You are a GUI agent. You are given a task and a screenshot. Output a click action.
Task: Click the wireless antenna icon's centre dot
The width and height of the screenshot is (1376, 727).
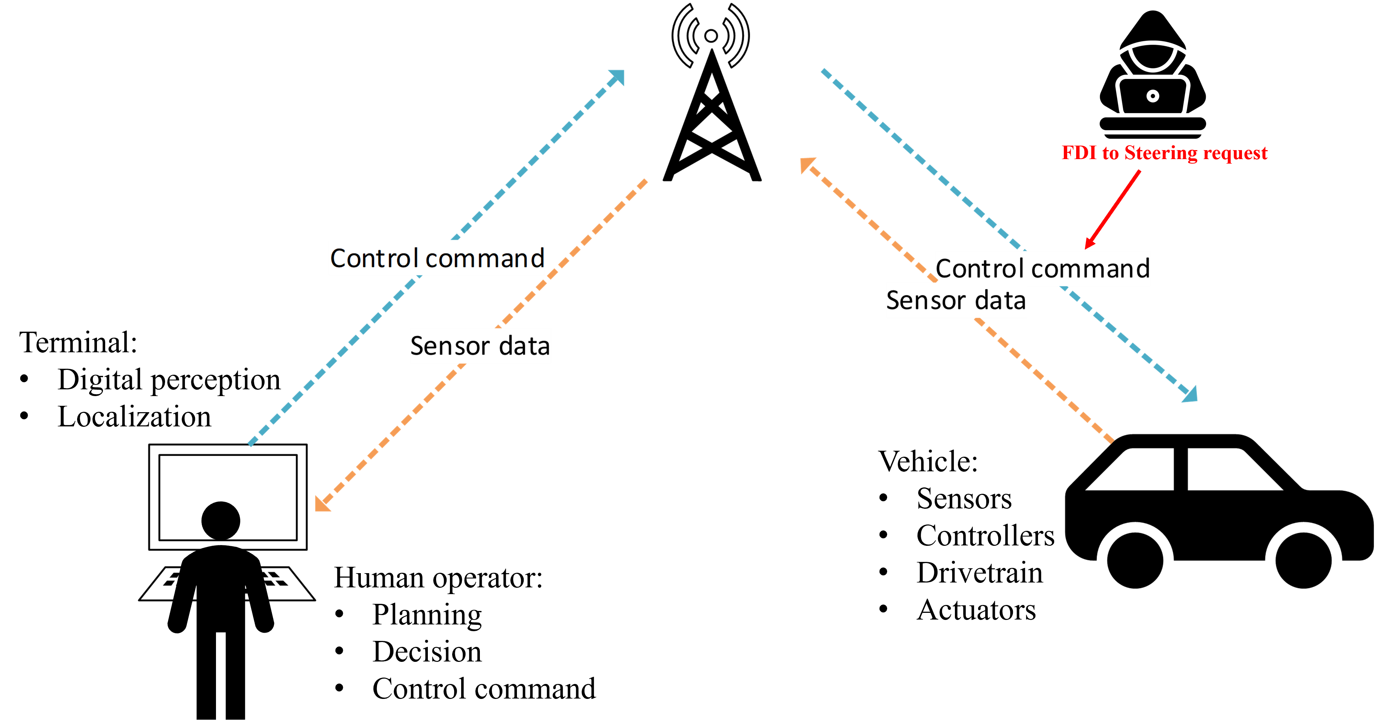click(711, 36)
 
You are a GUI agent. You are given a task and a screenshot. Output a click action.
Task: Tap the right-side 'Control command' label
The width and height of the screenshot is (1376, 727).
click(1043, 268)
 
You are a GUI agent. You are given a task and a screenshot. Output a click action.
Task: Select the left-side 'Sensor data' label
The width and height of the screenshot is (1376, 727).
click(480, 346)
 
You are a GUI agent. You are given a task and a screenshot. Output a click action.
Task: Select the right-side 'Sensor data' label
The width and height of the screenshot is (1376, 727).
click(956, 300)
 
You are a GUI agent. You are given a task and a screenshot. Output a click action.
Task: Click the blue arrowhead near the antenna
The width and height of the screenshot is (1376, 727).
click(618, 76)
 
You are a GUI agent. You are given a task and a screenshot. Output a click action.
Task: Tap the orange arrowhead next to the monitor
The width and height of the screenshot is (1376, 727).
click(322, 504)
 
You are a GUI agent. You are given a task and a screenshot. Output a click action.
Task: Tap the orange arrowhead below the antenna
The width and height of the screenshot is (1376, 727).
click(807, 164)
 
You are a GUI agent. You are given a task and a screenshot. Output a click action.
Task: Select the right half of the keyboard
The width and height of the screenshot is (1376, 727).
click(286, 584)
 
